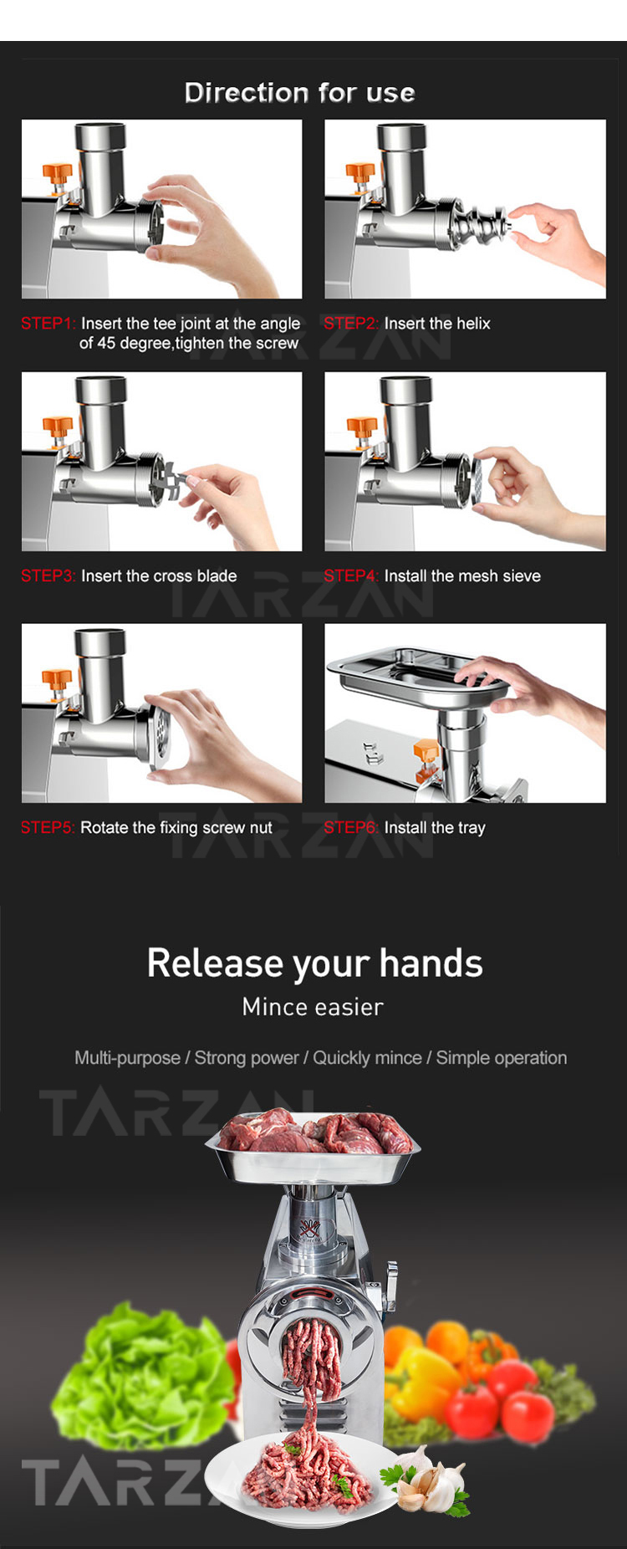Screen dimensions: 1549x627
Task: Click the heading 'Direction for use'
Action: click(x=299, y=92)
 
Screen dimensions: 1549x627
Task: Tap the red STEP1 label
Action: click(x=48, y=324)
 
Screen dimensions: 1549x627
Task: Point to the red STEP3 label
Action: click(x=48, y=576)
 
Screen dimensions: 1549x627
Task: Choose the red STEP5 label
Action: click(x=48, y=828)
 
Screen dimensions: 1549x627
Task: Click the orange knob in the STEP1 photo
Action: click(x=57, y=175)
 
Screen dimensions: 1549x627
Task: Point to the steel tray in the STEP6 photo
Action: click(x=414, y=673)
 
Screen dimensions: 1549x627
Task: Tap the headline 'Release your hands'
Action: click(x=314, y=964)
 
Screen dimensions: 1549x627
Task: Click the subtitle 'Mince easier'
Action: click(x=313, y=1007)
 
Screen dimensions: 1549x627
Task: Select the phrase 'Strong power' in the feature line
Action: click(x=247, y=1058)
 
